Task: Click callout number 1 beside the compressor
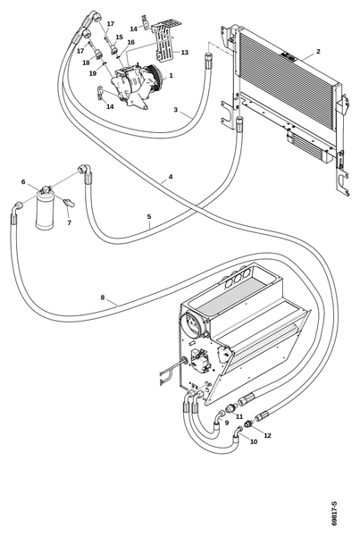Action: tap(171, 75)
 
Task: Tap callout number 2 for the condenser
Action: tap(318, 51)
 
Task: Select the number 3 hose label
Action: tap(176, 110)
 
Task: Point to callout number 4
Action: tap(171, 177)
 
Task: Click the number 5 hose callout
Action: tap(149, 216)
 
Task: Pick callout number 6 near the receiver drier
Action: tap(23, 181)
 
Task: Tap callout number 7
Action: tap(70, 222)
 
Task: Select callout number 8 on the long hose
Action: tap(102, 297)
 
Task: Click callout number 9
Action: tap(226, 423)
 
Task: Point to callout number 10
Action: tap(254, 441)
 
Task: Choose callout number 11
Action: tap(239, 416)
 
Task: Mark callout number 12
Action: tap(267, 435)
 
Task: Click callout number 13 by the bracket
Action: tap(185, 53)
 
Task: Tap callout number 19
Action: tap(93, 73)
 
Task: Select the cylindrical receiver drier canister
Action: tap(45, 210)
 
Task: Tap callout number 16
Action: tap(131, 42)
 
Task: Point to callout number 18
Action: tap(86, 63)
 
